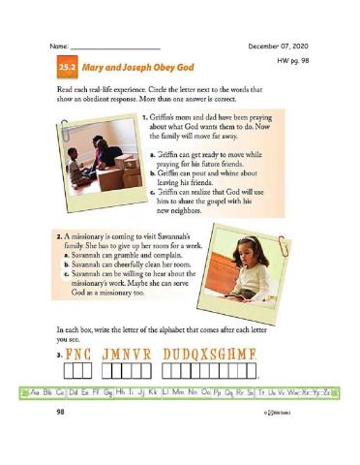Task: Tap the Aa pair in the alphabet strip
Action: click(x=38, y=391)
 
